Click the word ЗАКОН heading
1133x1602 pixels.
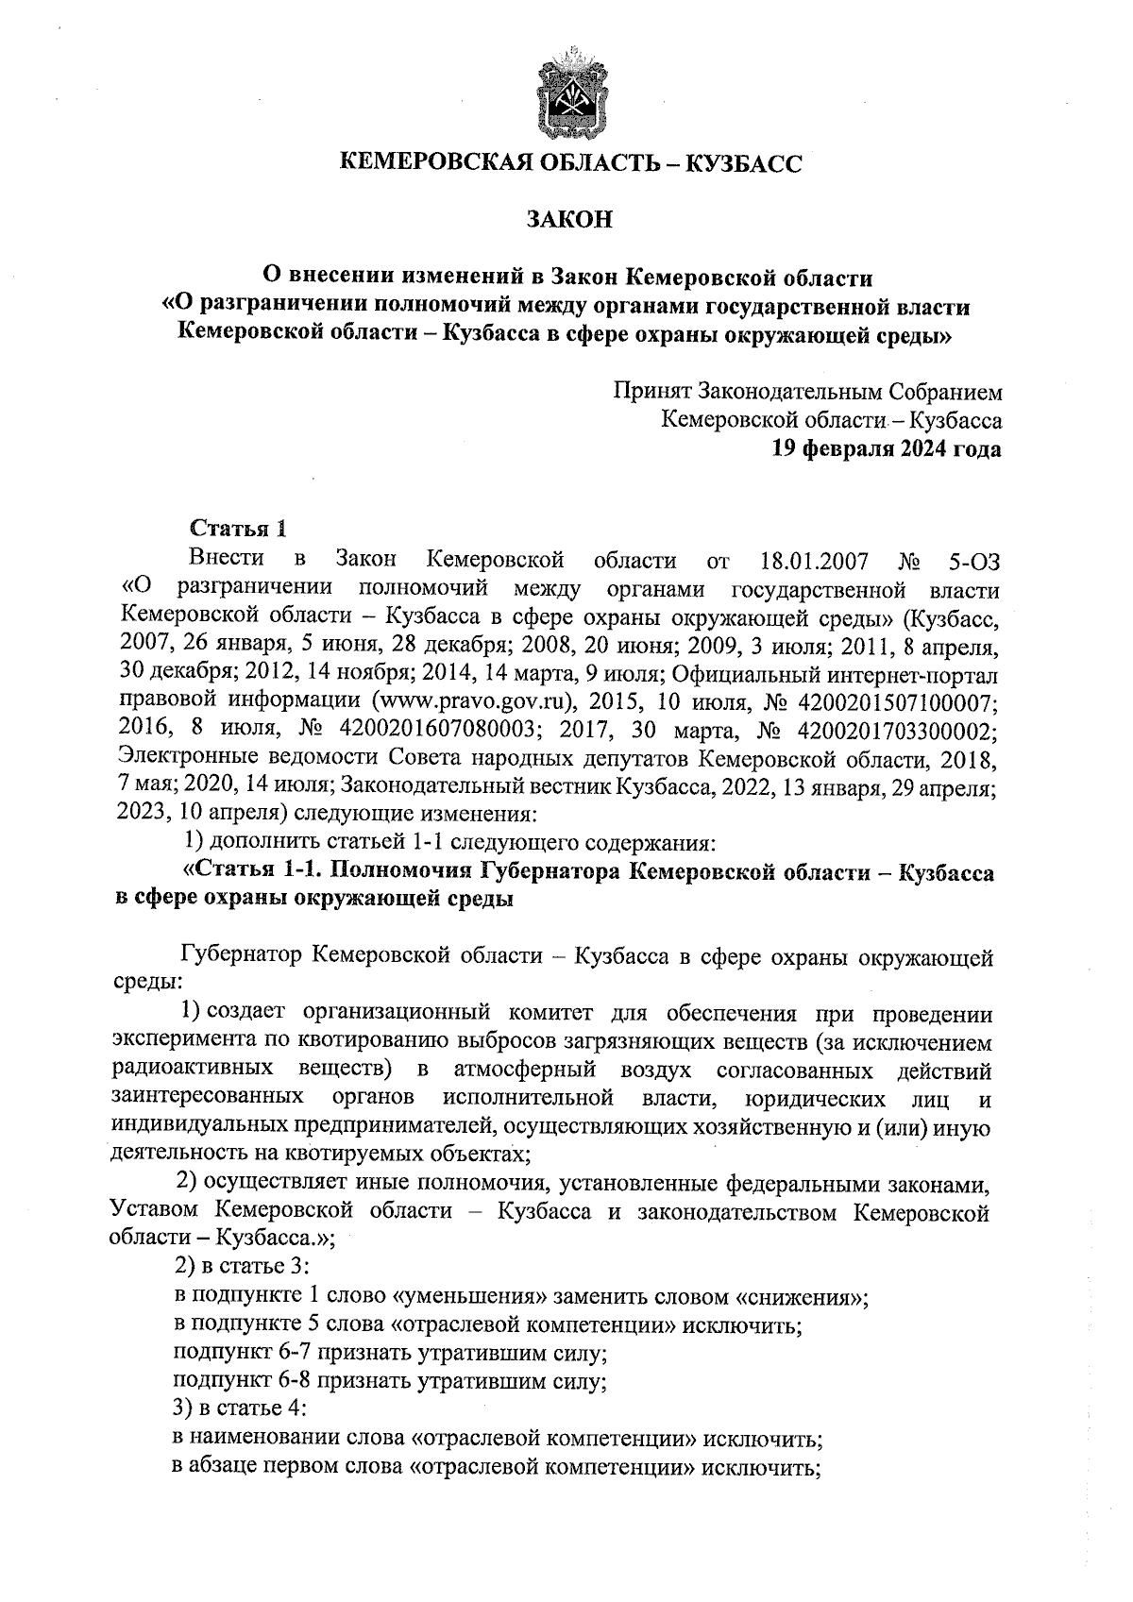(x=569, y=220)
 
